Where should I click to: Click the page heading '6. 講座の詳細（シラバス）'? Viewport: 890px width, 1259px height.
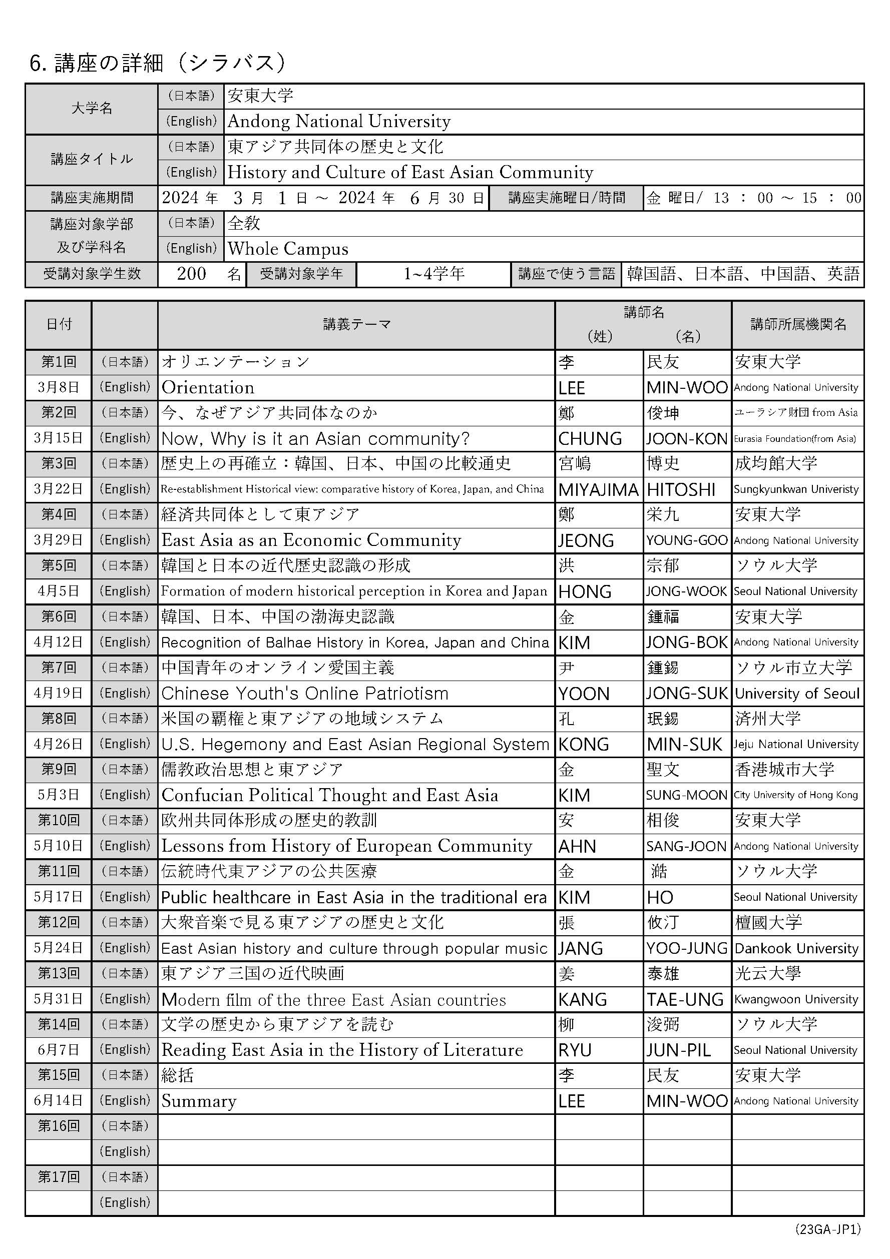click(158, 63)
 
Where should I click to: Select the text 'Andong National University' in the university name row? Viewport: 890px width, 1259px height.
click(339, 121)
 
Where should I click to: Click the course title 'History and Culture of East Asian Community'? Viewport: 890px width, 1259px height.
click(410, 172)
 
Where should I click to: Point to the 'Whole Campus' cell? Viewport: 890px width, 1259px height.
click(288, 249)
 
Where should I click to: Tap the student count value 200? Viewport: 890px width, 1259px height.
click(191, 274)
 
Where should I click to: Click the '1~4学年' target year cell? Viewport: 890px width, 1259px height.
click(434, 274)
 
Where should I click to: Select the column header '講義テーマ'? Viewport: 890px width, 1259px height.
click(356, 325)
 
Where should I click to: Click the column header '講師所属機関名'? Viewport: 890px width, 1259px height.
click(798, 325)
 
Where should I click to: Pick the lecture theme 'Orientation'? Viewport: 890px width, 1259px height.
click(208, 388)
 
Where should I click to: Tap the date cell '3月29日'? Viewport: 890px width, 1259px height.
click(58, 540)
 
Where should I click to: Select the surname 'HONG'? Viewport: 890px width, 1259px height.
click(585, 591)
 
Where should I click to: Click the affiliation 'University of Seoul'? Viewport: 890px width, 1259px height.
click(797, 694)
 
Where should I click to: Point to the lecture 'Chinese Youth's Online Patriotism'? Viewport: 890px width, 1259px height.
click(305, 694)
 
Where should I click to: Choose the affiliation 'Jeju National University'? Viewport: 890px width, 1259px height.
click(796, 745)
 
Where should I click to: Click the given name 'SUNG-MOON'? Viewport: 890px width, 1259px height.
click(687, 796)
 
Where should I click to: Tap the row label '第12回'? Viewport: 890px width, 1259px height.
click(58, 922)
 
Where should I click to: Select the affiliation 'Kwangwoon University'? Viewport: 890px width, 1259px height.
click(796, 1000)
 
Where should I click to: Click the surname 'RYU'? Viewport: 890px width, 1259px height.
click(575, 1050)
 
